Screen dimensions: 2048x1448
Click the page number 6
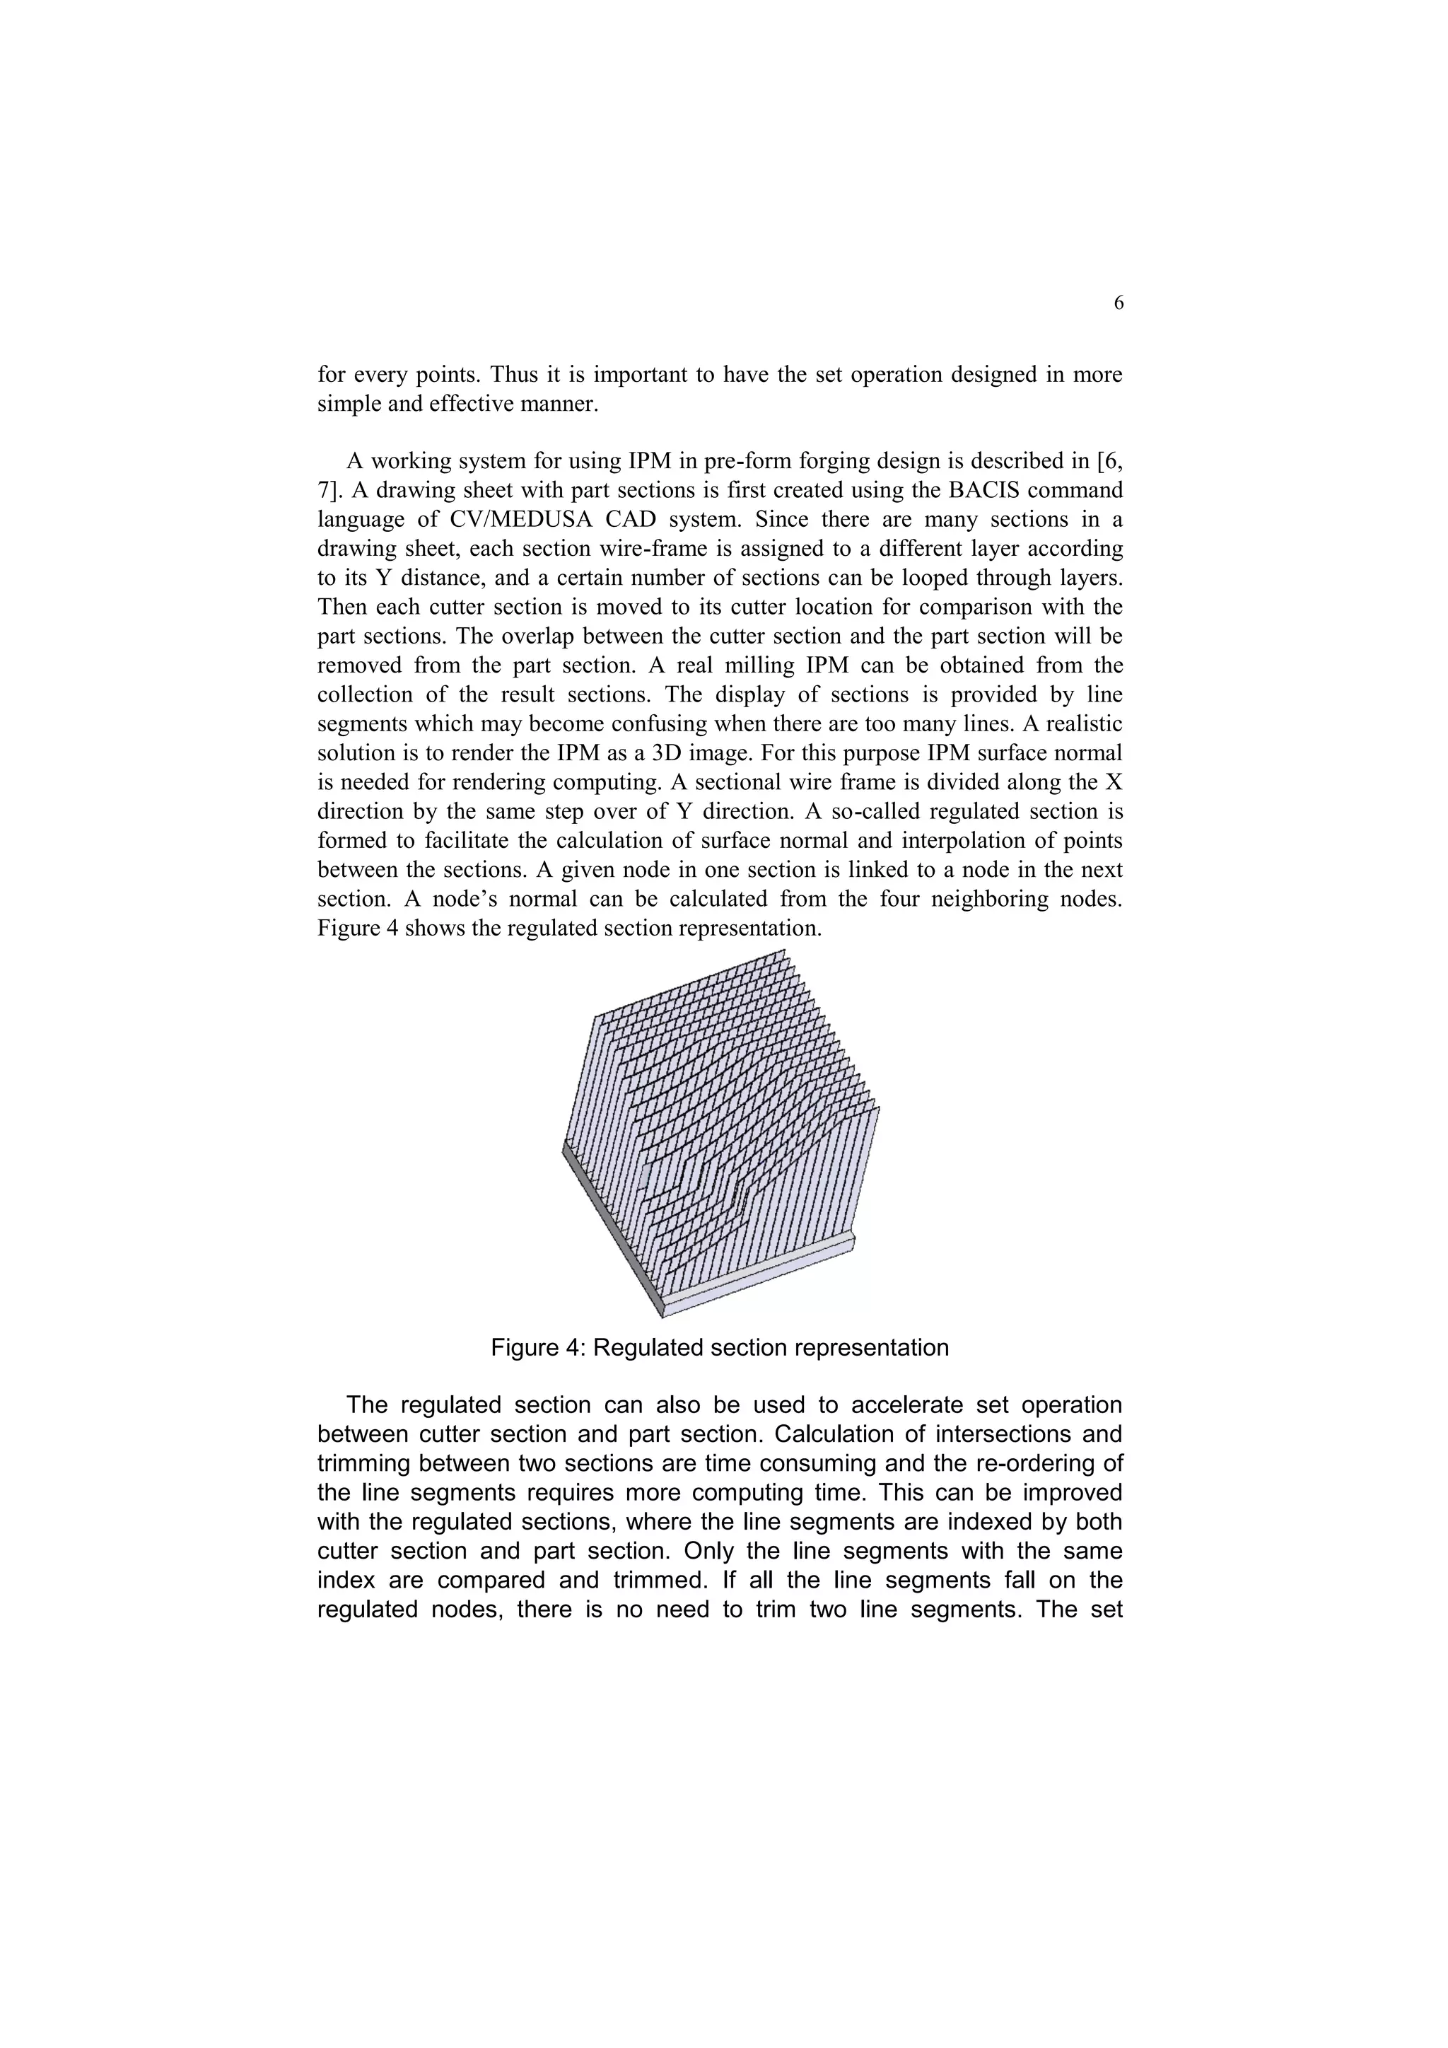click(1118, 304)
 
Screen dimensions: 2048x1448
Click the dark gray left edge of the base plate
click(611, 1232)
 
